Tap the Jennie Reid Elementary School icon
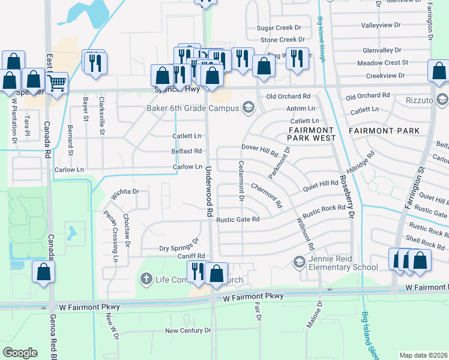coord(298,262)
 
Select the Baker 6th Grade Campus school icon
coord(247,108)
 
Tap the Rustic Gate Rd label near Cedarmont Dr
coord(238,220)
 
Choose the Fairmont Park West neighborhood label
coord(310,134)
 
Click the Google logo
coord(20,353)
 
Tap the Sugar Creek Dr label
coord(279,28)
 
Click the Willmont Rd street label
coord(306,233)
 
